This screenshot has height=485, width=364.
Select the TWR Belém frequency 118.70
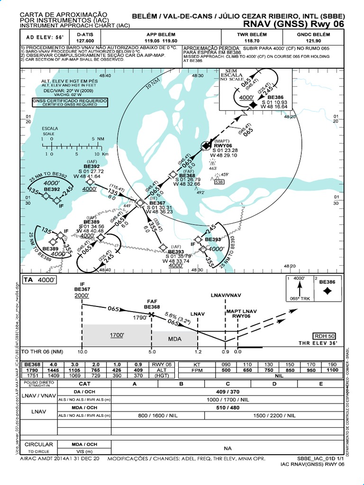pos(252,41)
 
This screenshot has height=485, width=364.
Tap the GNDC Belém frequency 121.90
pos(313,41)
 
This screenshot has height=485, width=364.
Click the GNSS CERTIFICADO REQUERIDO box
pos(70,102)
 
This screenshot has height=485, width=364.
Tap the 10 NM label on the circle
pos(153,85)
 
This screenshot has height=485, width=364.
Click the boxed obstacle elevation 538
pos(219,181)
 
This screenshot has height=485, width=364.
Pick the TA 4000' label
pos(40,280)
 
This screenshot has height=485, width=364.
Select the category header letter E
pos(320,384)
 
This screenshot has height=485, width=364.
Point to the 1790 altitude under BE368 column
pos(32,370)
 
